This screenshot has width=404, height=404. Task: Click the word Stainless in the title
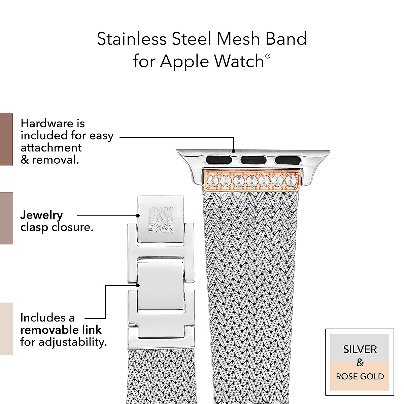132,39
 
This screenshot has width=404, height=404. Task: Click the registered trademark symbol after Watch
268,56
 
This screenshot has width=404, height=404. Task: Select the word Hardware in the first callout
53,123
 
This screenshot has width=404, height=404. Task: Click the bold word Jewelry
41,215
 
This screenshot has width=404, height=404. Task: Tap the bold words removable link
61,330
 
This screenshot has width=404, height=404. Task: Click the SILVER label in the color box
360,349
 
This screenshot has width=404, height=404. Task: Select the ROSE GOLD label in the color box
360,376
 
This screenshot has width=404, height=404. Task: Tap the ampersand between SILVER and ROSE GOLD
360,363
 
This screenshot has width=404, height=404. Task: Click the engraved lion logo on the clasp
161,219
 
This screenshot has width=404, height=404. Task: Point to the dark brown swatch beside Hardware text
6,139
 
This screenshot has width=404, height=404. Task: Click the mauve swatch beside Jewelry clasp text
6,218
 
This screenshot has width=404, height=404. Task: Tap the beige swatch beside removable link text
6,328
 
